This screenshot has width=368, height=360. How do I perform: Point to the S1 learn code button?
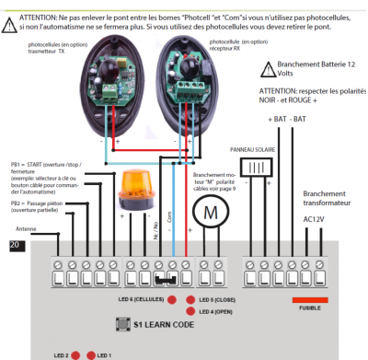tap(119, 324)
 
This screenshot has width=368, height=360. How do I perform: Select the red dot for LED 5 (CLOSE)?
tap(191, 300)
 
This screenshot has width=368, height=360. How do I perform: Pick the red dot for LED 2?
tap(77, 354)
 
